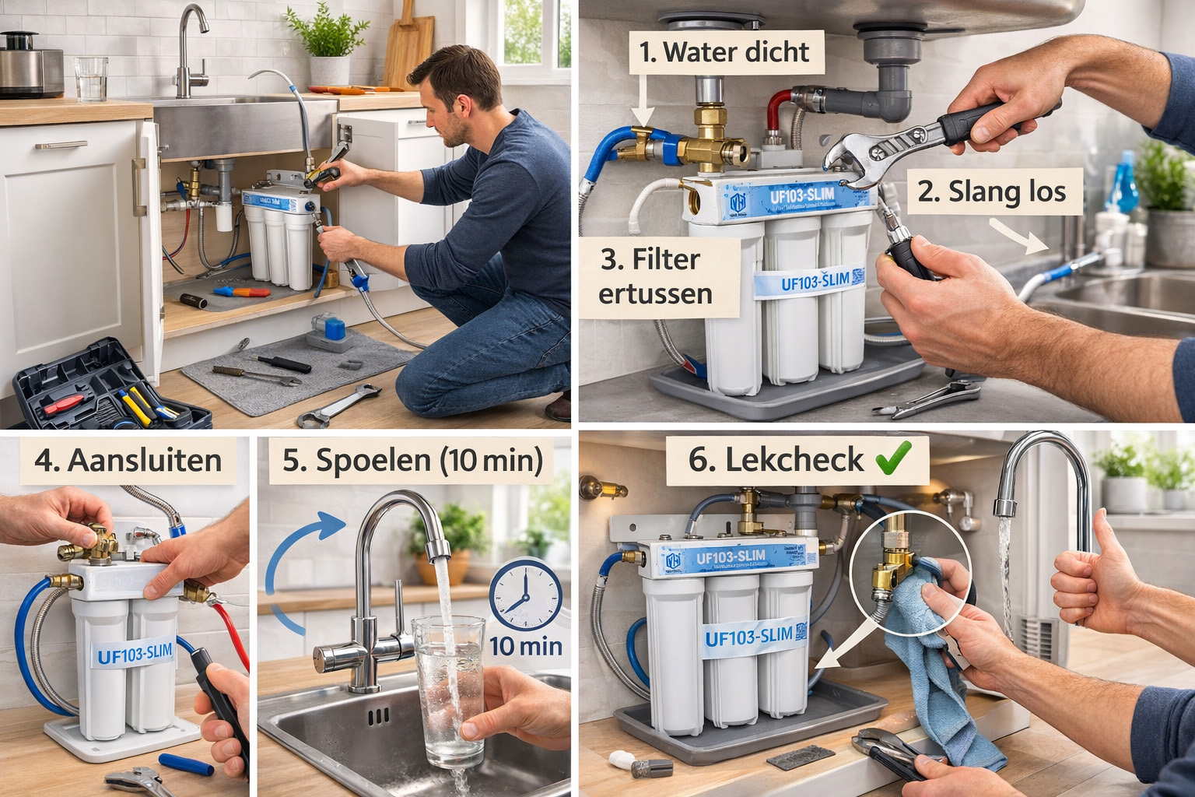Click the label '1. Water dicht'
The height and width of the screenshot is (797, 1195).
click(724, 52)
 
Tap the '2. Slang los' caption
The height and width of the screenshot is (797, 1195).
click(990, 191)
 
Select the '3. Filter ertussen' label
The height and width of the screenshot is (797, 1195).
click(656, 276)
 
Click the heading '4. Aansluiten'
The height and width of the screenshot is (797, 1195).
click(128, 460)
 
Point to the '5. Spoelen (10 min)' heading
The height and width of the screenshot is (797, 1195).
click(412, 460)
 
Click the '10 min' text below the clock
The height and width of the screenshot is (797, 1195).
click(525, 645)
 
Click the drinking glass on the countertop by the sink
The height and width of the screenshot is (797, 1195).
click(91, 79)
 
